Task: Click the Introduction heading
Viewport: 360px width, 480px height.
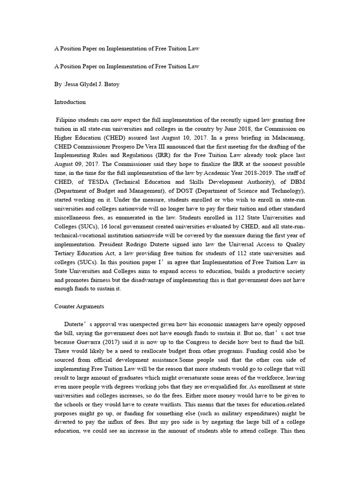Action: pos(69,102)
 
